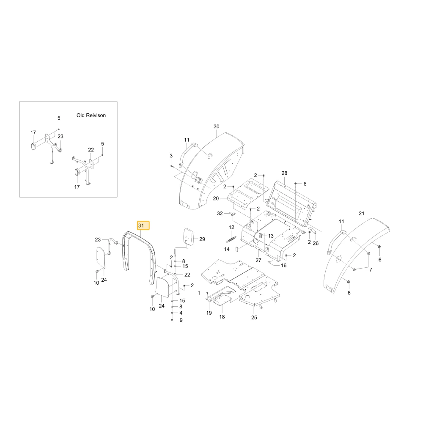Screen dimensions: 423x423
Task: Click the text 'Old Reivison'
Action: [x=91, y=115]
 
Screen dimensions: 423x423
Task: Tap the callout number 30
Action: [x=216, y=126]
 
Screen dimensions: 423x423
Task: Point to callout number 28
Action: [x=284, y=173]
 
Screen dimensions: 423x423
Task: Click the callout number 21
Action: [x=362, y=213]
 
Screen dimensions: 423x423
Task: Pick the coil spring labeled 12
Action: [x=231, y=239]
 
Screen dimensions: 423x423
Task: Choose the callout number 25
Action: [x=254, y=318]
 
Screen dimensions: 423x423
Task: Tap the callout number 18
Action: [x=222, y=317]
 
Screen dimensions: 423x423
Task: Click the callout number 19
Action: [x=209, y=313]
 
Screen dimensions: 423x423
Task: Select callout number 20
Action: [x=216, y=198]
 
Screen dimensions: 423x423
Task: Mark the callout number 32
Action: [x=220, y=214]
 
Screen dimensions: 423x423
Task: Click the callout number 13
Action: [x=271, y=236]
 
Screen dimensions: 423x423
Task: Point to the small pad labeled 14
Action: [x=236, y=249]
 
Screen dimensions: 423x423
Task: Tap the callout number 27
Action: [x=258, y=260]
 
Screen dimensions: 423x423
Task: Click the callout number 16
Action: [x=284, y=266]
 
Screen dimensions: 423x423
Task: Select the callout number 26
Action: [x=316, y=243]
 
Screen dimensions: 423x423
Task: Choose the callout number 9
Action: [x=181, y=320]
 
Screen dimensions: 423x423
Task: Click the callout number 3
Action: [x=171, y=156]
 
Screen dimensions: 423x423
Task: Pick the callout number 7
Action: [x=371, y=270]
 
